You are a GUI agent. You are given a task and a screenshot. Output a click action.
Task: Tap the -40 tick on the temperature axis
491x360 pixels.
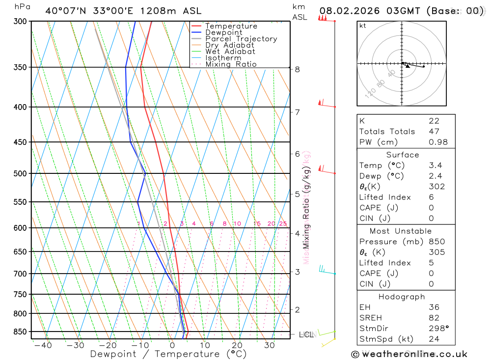pos(43,345)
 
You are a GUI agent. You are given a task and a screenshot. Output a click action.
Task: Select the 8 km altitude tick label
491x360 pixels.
pos(297,69)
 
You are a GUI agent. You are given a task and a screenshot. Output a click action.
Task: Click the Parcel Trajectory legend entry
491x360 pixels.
pos(241,39)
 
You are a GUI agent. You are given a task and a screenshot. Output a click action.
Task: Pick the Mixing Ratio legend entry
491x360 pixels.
pos(231,64)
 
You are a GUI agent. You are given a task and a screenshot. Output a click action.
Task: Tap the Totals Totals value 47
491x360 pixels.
pos(434,131)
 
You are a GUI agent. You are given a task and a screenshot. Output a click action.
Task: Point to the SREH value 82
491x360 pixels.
pos(434,318)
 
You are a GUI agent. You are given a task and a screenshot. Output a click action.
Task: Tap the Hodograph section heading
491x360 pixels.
pos(402,297)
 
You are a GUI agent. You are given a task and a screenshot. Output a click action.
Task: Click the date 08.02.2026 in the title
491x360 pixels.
pos(349,10)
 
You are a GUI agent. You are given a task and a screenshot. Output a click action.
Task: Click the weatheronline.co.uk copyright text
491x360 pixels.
pos(409,354)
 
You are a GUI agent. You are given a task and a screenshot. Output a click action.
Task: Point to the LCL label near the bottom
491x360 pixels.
pos(306,335)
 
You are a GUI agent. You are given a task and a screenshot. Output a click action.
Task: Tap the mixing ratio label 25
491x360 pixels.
pos(283,224)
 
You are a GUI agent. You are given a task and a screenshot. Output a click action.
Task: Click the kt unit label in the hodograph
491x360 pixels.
pos(363,26)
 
